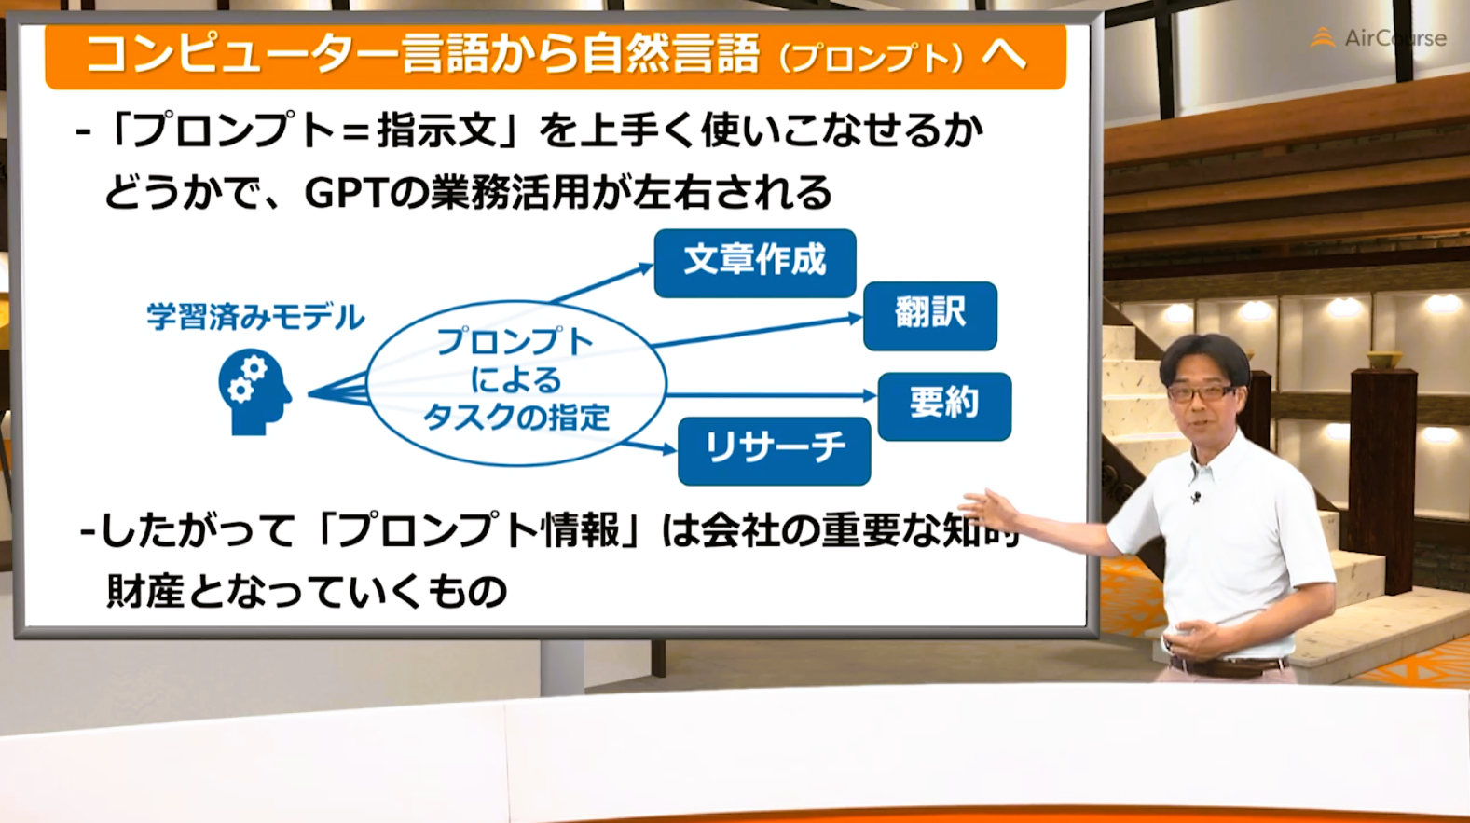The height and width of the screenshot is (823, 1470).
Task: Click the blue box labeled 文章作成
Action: [755, 263]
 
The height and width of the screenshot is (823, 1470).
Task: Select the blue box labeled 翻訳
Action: [930, 316]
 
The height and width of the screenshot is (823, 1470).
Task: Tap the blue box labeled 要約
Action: [944, 406]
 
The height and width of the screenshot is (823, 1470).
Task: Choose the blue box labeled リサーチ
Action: [775, 451]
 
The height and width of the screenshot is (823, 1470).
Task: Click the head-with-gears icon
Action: [254, 391]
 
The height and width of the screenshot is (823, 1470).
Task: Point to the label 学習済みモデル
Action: [255, 317]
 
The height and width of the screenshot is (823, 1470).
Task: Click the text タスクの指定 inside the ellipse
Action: [516, 417]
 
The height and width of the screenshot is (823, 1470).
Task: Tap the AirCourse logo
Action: [1378, 38]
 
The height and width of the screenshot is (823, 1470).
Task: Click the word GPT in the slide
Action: [344, 194]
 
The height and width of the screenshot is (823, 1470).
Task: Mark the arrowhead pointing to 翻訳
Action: [856, 319]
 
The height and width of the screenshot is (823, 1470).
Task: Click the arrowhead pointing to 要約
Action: [871, 395]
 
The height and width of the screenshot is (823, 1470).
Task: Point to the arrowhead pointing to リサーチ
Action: [670, 449]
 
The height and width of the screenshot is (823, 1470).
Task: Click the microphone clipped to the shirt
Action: [1196, 497]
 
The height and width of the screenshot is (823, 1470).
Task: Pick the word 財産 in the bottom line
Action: [145, 591]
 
